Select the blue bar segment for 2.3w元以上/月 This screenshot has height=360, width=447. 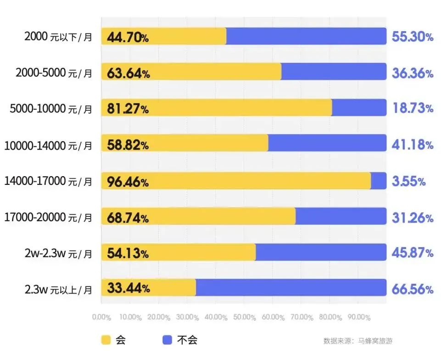coord(291,288)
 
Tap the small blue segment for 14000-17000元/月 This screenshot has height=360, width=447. coord(379,181)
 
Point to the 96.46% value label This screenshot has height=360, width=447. coord(128,182)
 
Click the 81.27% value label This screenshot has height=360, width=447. coord(128,110)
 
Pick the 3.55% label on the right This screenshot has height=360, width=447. coord(408,181)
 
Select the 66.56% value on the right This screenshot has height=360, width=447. coord(412,289)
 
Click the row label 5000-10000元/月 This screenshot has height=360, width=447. coord(51,109)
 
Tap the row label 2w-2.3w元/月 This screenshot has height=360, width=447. coord(58,253)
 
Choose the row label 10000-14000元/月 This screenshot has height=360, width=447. coord(48,145)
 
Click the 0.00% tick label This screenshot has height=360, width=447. coord(101,317)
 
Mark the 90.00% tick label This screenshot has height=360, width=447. coord(359,317)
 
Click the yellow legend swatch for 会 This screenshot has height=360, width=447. coord(106,340)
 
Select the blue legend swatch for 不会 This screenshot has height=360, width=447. coord(168,340)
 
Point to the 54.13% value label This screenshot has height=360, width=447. coord(128,254)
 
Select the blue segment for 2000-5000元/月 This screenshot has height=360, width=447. coord(334,72)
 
